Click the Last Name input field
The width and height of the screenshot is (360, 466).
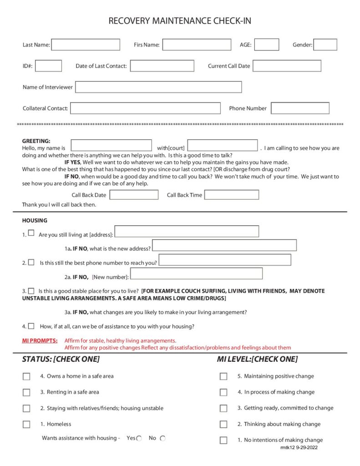pyautogui.click(x=86, y=45)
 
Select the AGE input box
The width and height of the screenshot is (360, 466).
pyautogui.click(x=266, y=45)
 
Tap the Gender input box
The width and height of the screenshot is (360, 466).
pyautogui.click(x=325, y=45)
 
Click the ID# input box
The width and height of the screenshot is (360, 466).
pyautogui.click(x=48, y=66)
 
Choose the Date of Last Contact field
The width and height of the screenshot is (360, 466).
pyautogui.click(x=162, y=66)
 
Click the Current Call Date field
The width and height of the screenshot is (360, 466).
pyautogui.click(x=287, y=66)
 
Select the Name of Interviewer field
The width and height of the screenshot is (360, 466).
pyautogui.click(x=158, y=87)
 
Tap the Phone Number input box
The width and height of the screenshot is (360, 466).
pyautogui.click(x=300, y=108)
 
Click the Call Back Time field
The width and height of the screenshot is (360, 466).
pyautogui.click(x=232, y=195)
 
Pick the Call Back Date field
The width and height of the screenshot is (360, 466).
pyautogui.click(x=134, y=195)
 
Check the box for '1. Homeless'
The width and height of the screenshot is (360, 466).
pyautogui.click(x=26, y=424)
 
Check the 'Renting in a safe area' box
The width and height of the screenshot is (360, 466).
pyautogui.click(x=26, y=392)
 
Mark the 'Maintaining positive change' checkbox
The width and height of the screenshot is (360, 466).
pyautogui.click(x=223, y=376)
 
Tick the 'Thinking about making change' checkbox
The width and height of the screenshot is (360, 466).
pyautogui.click(x=223, y=424)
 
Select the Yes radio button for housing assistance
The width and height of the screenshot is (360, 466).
pyautogui.click(x=139, y=438)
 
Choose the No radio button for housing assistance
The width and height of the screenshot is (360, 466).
pyautogui.click(x=162, y=438)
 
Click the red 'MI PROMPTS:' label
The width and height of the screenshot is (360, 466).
pyautogui.click(x=40, y=340)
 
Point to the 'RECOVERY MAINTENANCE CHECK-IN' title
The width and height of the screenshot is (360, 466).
pyautogui.click(x=180, y=21)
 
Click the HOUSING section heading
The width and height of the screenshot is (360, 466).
pyautogui.click(x=35, y=221)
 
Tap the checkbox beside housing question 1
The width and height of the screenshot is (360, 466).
pyautogui.click(x=31, y=233)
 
